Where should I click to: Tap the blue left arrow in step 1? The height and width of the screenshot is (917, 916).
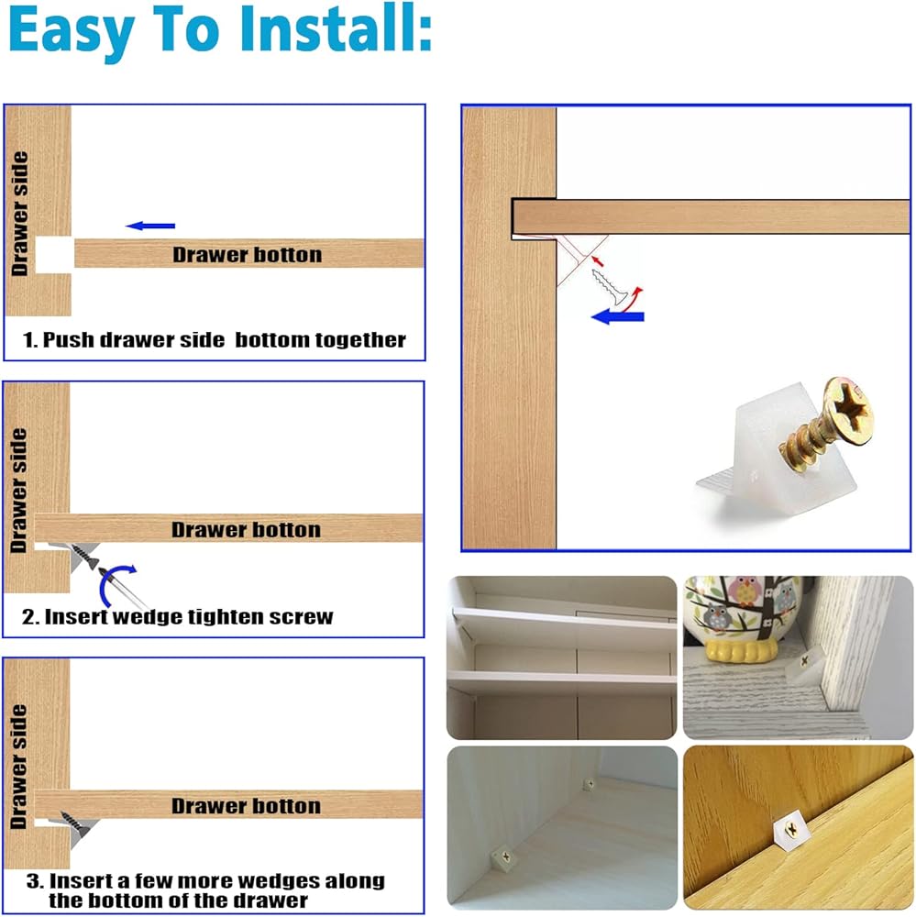150,226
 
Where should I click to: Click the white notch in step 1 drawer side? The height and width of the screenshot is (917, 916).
54,255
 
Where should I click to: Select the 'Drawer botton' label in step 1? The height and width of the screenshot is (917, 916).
248,255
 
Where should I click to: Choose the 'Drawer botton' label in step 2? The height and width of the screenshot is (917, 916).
247,530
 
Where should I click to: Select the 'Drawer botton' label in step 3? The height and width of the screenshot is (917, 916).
247,806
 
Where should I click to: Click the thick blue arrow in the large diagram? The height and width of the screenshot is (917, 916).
618,317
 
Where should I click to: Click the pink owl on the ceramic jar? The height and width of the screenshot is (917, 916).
745,591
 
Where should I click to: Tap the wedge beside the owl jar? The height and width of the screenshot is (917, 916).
805,664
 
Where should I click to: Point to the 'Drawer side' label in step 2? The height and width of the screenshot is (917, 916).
18,490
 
